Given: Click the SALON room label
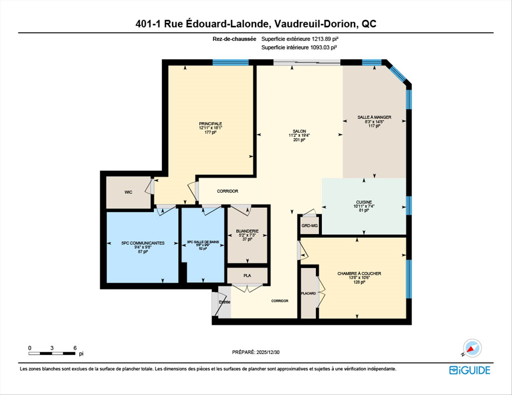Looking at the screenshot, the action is tap(299, 131).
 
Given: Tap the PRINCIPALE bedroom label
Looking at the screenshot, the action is tap(210, 124).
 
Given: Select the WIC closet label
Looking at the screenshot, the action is tap(128, 192).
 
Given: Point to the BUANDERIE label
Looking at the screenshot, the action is tap(247, 231).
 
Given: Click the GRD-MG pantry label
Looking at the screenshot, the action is tap(310, 226).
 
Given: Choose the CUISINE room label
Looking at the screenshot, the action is tap(364, 202).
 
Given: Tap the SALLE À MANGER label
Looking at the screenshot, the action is tap(374, 117).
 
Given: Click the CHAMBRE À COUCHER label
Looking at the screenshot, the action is tap(359, 274).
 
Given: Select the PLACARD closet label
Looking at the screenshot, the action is tap(309, 293).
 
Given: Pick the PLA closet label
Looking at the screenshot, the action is tap(247, 275).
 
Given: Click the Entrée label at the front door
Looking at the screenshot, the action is tap(225, 302).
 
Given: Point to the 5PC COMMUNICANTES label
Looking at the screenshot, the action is tap(143, 243).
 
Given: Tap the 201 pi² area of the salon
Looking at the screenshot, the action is tap(299, 140).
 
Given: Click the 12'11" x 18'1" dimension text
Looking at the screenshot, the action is tap(210, 128).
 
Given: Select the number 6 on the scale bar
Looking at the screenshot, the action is tap(75, 348).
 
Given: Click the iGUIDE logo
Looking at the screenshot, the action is tap(470, 370).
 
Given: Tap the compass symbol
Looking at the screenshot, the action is tap(472, 348).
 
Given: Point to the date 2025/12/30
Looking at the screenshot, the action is tap(268, 352).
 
